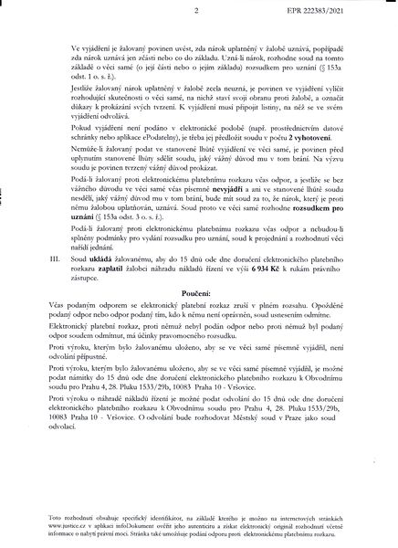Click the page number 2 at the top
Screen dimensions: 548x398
196,12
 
